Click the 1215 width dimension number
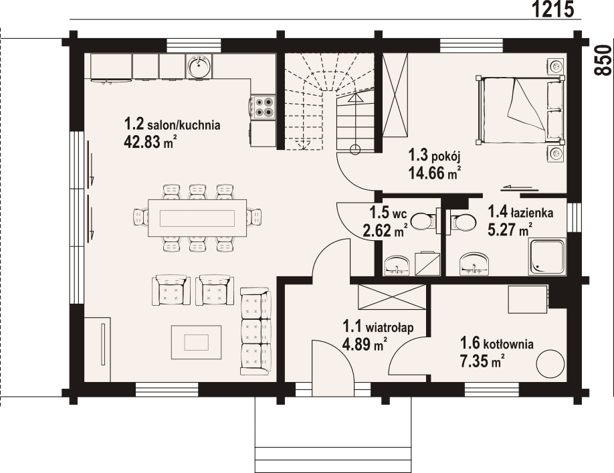pos(553,9)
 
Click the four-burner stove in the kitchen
pos(263,107)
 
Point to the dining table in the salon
pos(197,217)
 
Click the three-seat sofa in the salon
pos(255,331)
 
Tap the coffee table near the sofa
pos(196,343)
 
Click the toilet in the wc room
pos(425,221)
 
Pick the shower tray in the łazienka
pos(547,257)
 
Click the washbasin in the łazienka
pos(474,264)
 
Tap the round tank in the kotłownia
pos(550,363)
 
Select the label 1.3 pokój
pos(435,156)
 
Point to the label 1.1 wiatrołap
pos(379,327)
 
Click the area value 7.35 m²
pos(482,361)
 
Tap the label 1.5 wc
pos(389,213)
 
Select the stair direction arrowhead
pos(356,97)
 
